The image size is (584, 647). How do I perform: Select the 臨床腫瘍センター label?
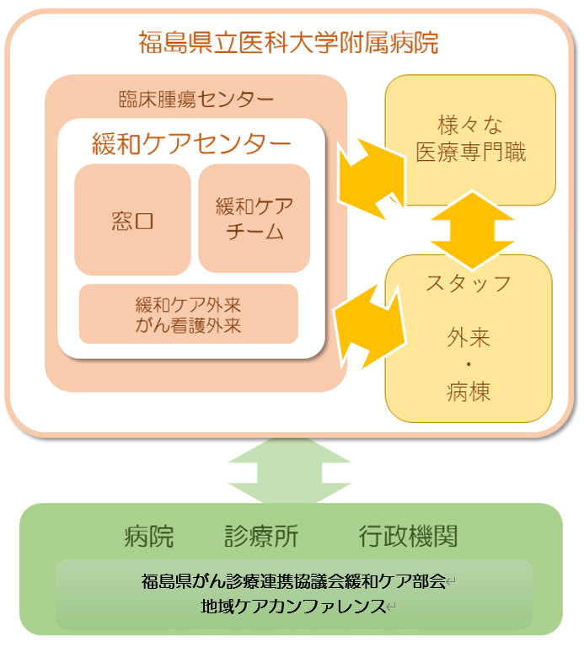pos(196,99)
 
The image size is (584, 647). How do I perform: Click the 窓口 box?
pos(132,221)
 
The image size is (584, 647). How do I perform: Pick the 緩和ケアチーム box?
pos(254,219)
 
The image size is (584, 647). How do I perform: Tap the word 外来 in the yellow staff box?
pos(469,339)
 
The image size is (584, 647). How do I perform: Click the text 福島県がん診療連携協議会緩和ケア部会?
pos(293,581)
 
